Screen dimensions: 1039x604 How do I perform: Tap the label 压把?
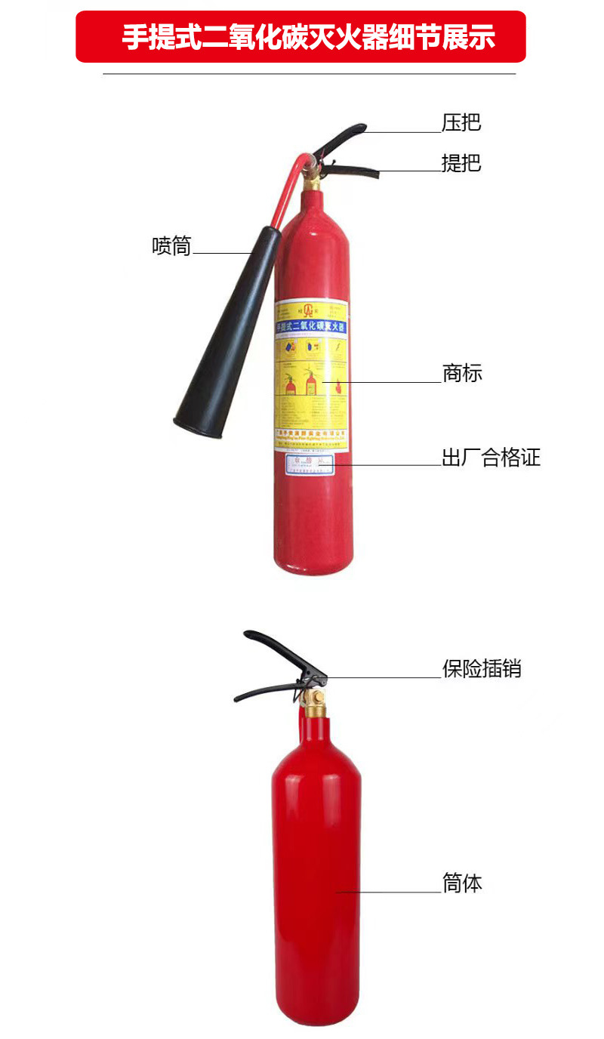pyautogui.click(x=461, y=123)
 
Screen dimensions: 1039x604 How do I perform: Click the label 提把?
pyautogui.click(x=461, y=163)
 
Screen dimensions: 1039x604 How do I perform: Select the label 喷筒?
pyautogui.click(x=172, y=246)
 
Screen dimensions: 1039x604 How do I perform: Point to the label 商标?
pyautogui.click(x=461, y=373)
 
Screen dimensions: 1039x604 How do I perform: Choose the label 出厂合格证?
pyautogui.click(x=491, y=458)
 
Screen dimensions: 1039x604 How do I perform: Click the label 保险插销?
pyautogui.click(x=481, y=668)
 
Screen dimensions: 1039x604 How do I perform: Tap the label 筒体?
pyautogui.click(x=461, y=883)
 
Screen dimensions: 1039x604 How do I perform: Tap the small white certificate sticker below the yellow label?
pyautogui.click(x=310, y=464)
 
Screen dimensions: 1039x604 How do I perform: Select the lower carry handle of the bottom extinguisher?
pyautogui.click(x=264, y=691)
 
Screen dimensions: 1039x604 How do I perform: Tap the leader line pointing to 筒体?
pyautogui.click(x=389, y=893)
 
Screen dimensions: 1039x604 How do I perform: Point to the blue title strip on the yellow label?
pyautogui.click(x=311, y=326)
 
